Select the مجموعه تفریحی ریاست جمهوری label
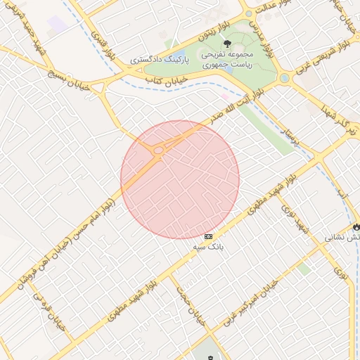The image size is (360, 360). coord(226,58)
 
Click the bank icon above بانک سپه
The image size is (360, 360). coord(209,237)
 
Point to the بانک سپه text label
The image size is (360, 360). coord(209,247)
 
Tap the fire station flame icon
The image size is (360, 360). coord(356,227)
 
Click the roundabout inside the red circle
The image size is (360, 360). coord(159,150)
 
